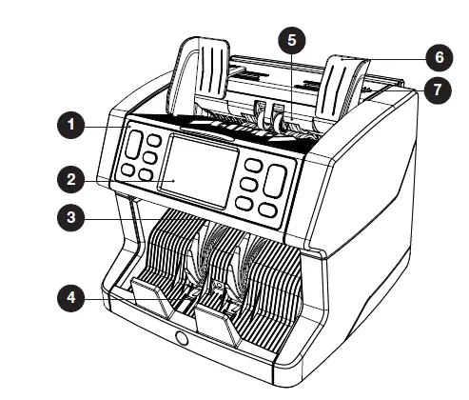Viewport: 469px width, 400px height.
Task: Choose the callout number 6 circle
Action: [440, 57]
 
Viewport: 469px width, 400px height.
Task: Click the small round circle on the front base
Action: [181, 338]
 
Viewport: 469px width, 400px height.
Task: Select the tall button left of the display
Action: [133, 146]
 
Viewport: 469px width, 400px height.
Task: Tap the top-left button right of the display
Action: [253, 165]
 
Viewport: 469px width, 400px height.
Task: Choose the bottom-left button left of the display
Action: [124, 171]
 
